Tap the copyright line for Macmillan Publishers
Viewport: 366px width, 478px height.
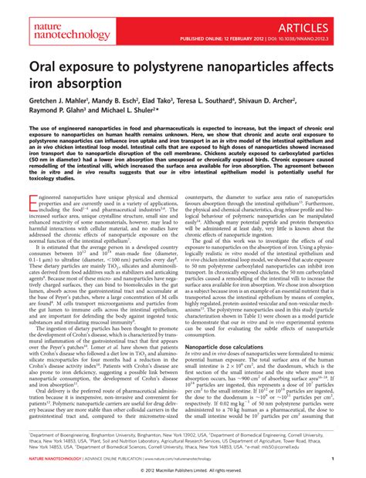coord(183,470)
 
